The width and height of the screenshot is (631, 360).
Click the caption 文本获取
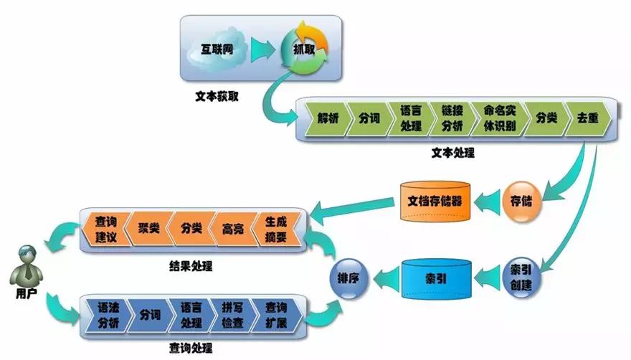point(217,95)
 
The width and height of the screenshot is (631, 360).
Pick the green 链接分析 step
point(453,119)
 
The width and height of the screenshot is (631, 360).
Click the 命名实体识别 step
point(498,119)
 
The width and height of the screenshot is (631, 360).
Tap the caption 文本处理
point(452,153)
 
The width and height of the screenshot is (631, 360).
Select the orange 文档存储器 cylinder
point(435,200)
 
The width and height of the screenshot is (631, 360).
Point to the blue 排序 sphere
point(349,276)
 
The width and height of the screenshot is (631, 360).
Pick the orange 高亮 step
point(232,230)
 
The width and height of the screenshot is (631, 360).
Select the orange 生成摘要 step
point(275,230)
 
